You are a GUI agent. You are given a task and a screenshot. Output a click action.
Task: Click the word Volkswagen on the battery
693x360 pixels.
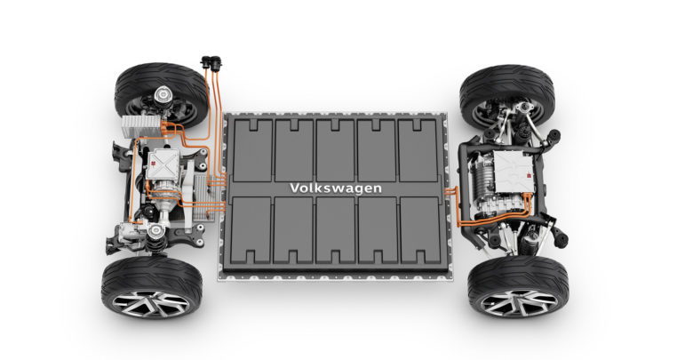[336, 188]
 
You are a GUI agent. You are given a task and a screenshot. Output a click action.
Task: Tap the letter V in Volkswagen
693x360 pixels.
[295, 188]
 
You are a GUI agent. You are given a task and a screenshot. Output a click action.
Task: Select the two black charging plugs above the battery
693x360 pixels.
[211, 63]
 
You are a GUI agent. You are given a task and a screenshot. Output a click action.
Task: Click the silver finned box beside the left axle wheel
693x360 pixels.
[141, 126]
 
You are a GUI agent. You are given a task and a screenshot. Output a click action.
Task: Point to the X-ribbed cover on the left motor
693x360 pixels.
[163, 164]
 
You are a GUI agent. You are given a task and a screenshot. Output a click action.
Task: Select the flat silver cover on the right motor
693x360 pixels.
[514, 172]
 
